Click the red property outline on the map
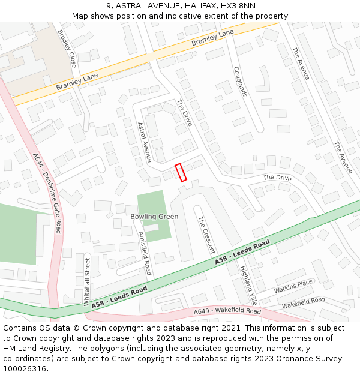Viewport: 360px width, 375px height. [x=181, y=172]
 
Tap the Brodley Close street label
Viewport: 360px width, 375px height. [x=67, y=48]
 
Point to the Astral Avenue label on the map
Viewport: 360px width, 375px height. [x=144, y=143]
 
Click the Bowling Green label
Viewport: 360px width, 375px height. [x=154, y=217]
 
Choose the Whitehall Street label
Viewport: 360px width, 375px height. [x=87, y=283]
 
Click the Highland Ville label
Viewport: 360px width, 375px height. [x=248, y=286]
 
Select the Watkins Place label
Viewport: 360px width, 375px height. [x=294, y=286]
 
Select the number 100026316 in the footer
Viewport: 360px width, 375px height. [x=24, y=368]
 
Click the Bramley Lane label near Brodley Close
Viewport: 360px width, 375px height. [x=77, y=82]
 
